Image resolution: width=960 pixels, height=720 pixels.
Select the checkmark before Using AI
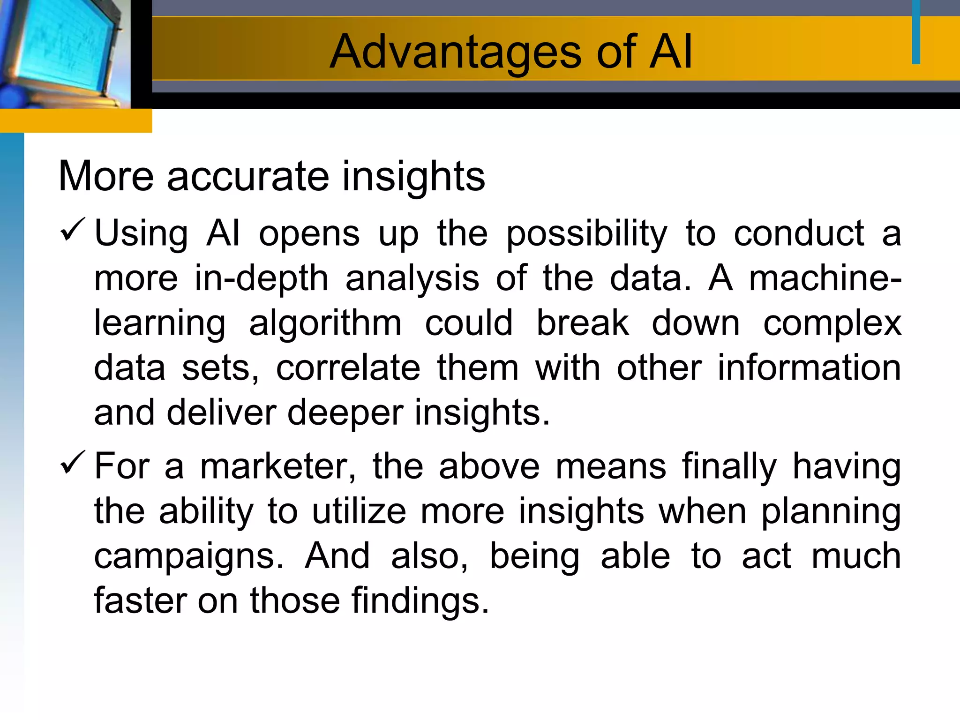73,230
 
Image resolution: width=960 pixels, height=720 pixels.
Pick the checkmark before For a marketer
73,462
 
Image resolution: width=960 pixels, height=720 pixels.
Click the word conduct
799,233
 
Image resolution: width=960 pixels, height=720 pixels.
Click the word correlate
348,368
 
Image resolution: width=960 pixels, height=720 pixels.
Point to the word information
809,368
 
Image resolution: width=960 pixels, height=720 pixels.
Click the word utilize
359,511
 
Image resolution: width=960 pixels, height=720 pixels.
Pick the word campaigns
189,557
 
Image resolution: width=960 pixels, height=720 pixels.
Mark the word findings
420,601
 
